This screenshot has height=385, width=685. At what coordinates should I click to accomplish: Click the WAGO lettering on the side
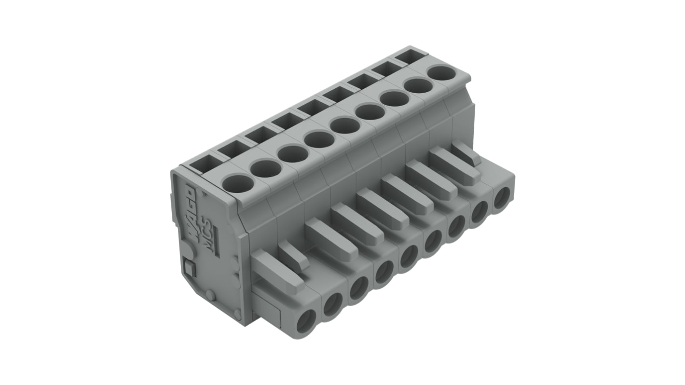[192, 210]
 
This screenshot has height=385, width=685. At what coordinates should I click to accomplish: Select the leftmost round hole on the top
[238, 183]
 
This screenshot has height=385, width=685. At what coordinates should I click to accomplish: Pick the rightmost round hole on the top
[442, 73]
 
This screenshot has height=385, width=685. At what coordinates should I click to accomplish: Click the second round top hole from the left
[266, 168]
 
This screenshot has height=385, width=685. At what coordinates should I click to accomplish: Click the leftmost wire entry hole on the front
[306, 321]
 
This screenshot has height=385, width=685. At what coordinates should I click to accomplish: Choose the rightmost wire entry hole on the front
[502, 197]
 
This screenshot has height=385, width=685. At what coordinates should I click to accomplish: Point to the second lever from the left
[293, 256]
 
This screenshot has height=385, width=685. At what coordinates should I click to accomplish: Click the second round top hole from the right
[418, 86]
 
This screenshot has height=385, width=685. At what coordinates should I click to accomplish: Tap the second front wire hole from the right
[479, 211]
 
